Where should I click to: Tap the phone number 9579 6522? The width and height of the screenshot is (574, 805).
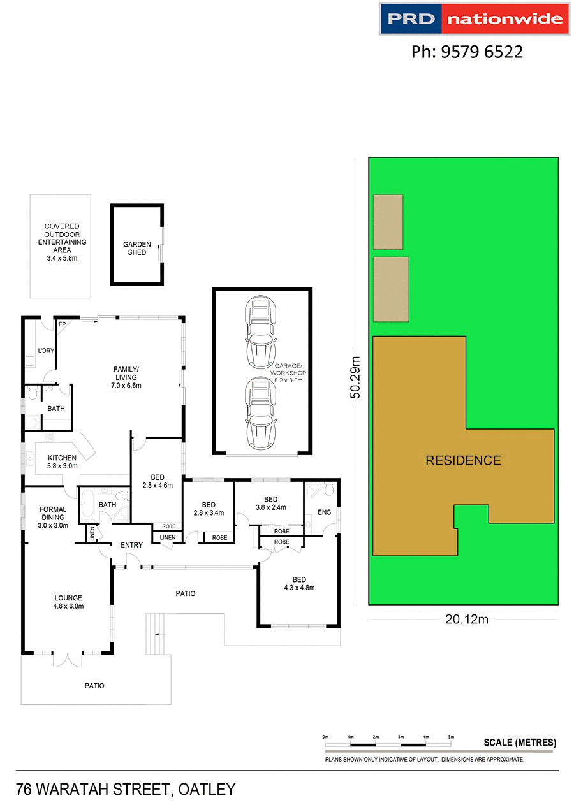pos(467,52)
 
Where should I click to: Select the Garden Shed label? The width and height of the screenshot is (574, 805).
pos(137,249)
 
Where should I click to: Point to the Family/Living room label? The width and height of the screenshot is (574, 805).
pos(126,377)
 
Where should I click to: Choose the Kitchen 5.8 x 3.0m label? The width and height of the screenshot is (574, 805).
pos(62,461)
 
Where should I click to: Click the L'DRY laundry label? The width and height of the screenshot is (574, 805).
pos(45,351)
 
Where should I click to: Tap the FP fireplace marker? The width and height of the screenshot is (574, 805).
pos(63,324)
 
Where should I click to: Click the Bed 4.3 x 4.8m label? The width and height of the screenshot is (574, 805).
pos(298,583)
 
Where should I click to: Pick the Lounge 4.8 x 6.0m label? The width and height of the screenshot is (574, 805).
pos(68,602)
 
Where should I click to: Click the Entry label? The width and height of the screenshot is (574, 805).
pos(131,544)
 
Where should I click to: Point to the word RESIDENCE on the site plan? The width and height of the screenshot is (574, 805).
pos(463,460)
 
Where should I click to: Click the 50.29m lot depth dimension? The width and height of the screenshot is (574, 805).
pos(356,377)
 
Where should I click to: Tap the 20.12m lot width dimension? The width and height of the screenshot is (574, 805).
pos(464,619)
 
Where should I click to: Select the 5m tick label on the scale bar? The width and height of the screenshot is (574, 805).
pos(451,737)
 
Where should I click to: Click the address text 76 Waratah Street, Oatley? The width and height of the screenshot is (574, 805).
pos(126,790)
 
